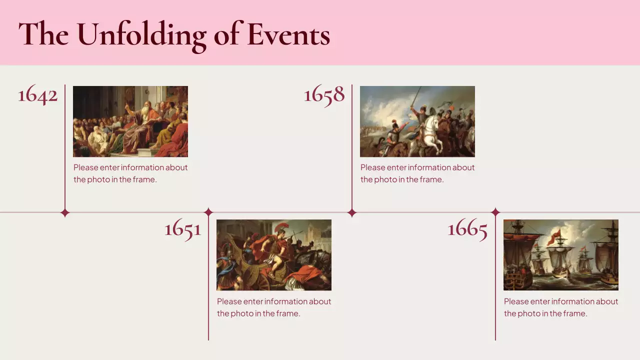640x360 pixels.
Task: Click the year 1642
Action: click(x=38, y=94)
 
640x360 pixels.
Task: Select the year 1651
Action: click(x=182, y=229)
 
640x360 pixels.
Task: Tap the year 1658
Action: click(x=324, y=94)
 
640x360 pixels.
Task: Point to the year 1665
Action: click(x=467, y=229)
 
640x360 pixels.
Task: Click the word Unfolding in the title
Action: click(x=141, y=35)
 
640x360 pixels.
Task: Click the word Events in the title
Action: click(x=288, y=35)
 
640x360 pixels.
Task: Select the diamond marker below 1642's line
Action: click(x=65, y=213)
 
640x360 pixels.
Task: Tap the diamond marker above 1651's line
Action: click(x=208, y=212)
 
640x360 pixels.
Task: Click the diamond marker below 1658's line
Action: click(x=352, y=213)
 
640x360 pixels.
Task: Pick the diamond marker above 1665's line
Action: click(x=495, y=212)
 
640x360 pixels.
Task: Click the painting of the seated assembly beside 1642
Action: click(x=130, y=121)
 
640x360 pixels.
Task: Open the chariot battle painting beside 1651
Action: click(x=274, y=255)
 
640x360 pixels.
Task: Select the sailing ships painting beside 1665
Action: click(x=561, y=255)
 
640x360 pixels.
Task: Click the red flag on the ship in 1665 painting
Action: click(x=554, y=236)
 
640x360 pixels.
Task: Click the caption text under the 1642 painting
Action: click(x=130, y=173)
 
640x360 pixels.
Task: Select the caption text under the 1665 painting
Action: click(x=561, y=307)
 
